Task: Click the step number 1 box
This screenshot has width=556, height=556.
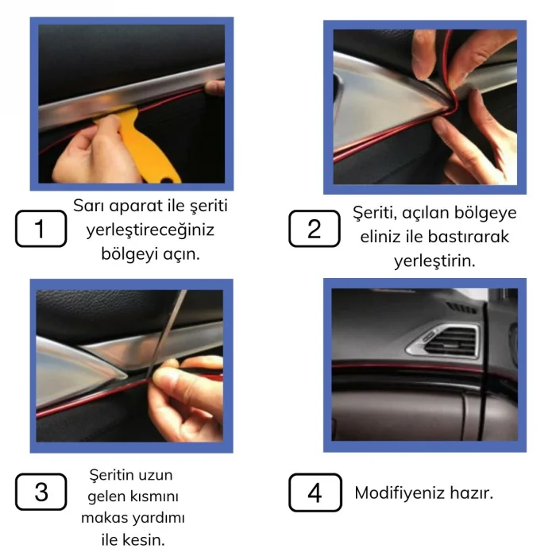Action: (x=40, y=230)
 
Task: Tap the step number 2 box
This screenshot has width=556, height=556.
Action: (x=314, y=230)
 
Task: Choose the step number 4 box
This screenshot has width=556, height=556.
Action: (x=315, y=493)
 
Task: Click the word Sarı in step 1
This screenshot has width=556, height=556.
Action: (x=89, y=206)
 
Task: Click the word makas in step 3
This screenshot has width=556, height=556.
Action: (x=105, y=519)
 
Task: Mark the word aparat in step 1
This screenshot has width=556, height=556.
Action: (x=136, y=206)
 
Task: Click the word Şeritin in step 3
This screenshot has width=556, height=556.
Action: (x=110, y=475)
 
